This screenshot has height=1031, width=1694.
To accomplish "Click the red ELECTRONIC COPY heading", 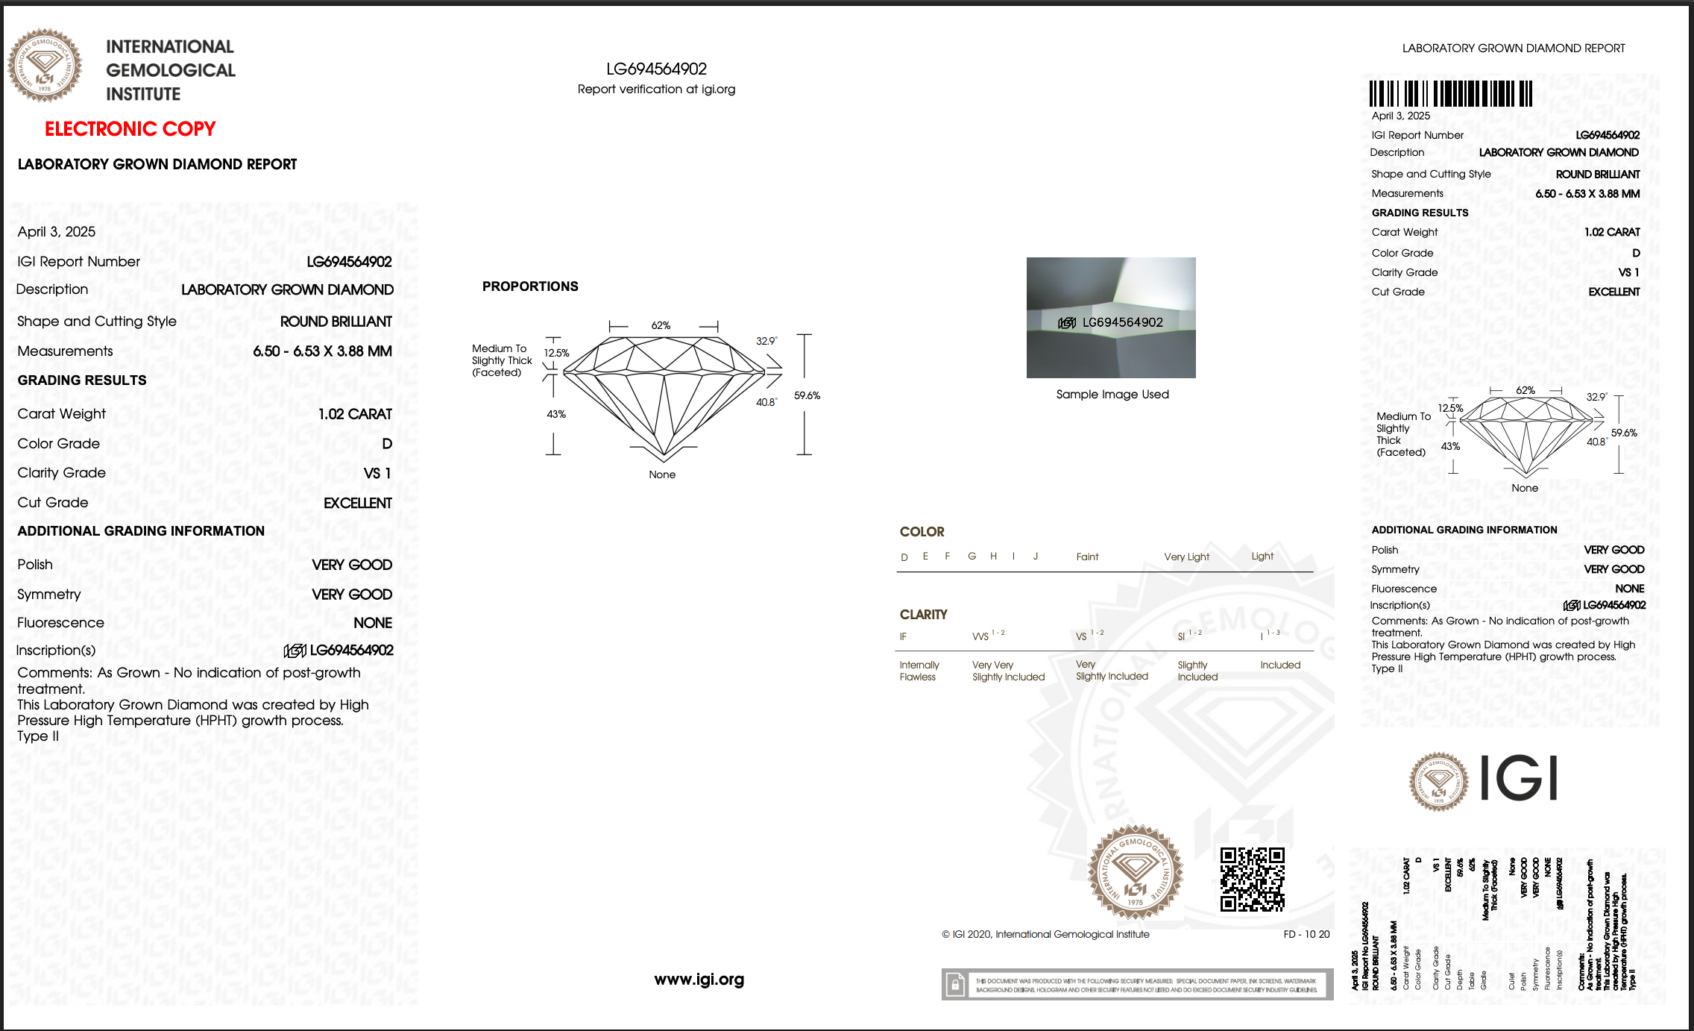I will [130, 129].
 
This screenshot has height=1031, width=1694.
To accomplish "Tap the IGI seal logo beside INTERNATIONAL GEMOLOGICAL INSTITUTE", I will [45, 66].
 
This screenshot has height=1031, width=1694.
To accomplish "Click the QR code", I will [1252, 879].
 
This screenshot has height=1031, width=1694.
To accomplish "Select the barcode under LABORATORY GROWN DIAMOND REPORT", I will [1450, 94].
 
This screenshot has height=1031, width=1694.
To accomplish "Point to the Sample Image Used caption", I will [1112, 395].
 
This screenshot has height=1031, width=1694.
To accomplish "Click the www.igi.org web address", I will [699, 980].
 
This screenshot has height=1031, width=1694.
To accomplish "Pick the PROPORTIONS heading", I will [530, 286].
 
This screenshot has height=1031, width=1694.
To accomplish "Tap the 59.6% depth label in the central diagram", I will [807, 395].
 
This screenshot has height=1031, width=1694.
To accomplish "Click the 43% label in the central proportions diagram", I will [556, 414].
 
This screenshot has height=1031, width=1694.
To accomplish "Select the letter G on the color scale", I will [972, 557].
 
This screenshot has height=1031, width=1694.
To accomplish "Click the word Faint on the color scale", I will [1087, 557].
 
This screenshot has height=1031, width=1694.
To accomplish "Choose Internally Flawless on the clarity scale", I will [919, 671].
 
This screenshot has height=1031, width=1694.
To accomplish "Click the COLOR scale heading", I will [922, 532].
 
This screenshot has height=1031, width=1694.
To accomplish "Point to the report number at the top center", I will [656, 69].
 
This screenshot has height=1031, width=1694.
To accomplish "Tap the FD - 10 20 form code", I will [1306, 934].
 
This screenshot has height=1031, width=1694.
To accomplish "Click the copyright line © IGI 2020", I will [1045, 934].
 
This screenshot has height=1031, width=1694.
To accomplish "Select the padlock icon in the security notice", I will [955, 985].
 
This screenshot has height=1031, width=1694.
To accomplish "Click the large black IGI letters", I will [1518, 778].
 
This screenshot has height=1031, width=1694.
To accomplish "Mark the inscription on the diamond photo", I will [1111, 322].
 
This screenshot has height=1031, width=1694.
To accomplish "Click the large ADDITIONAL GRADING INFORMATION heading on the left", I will [141, 531].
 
